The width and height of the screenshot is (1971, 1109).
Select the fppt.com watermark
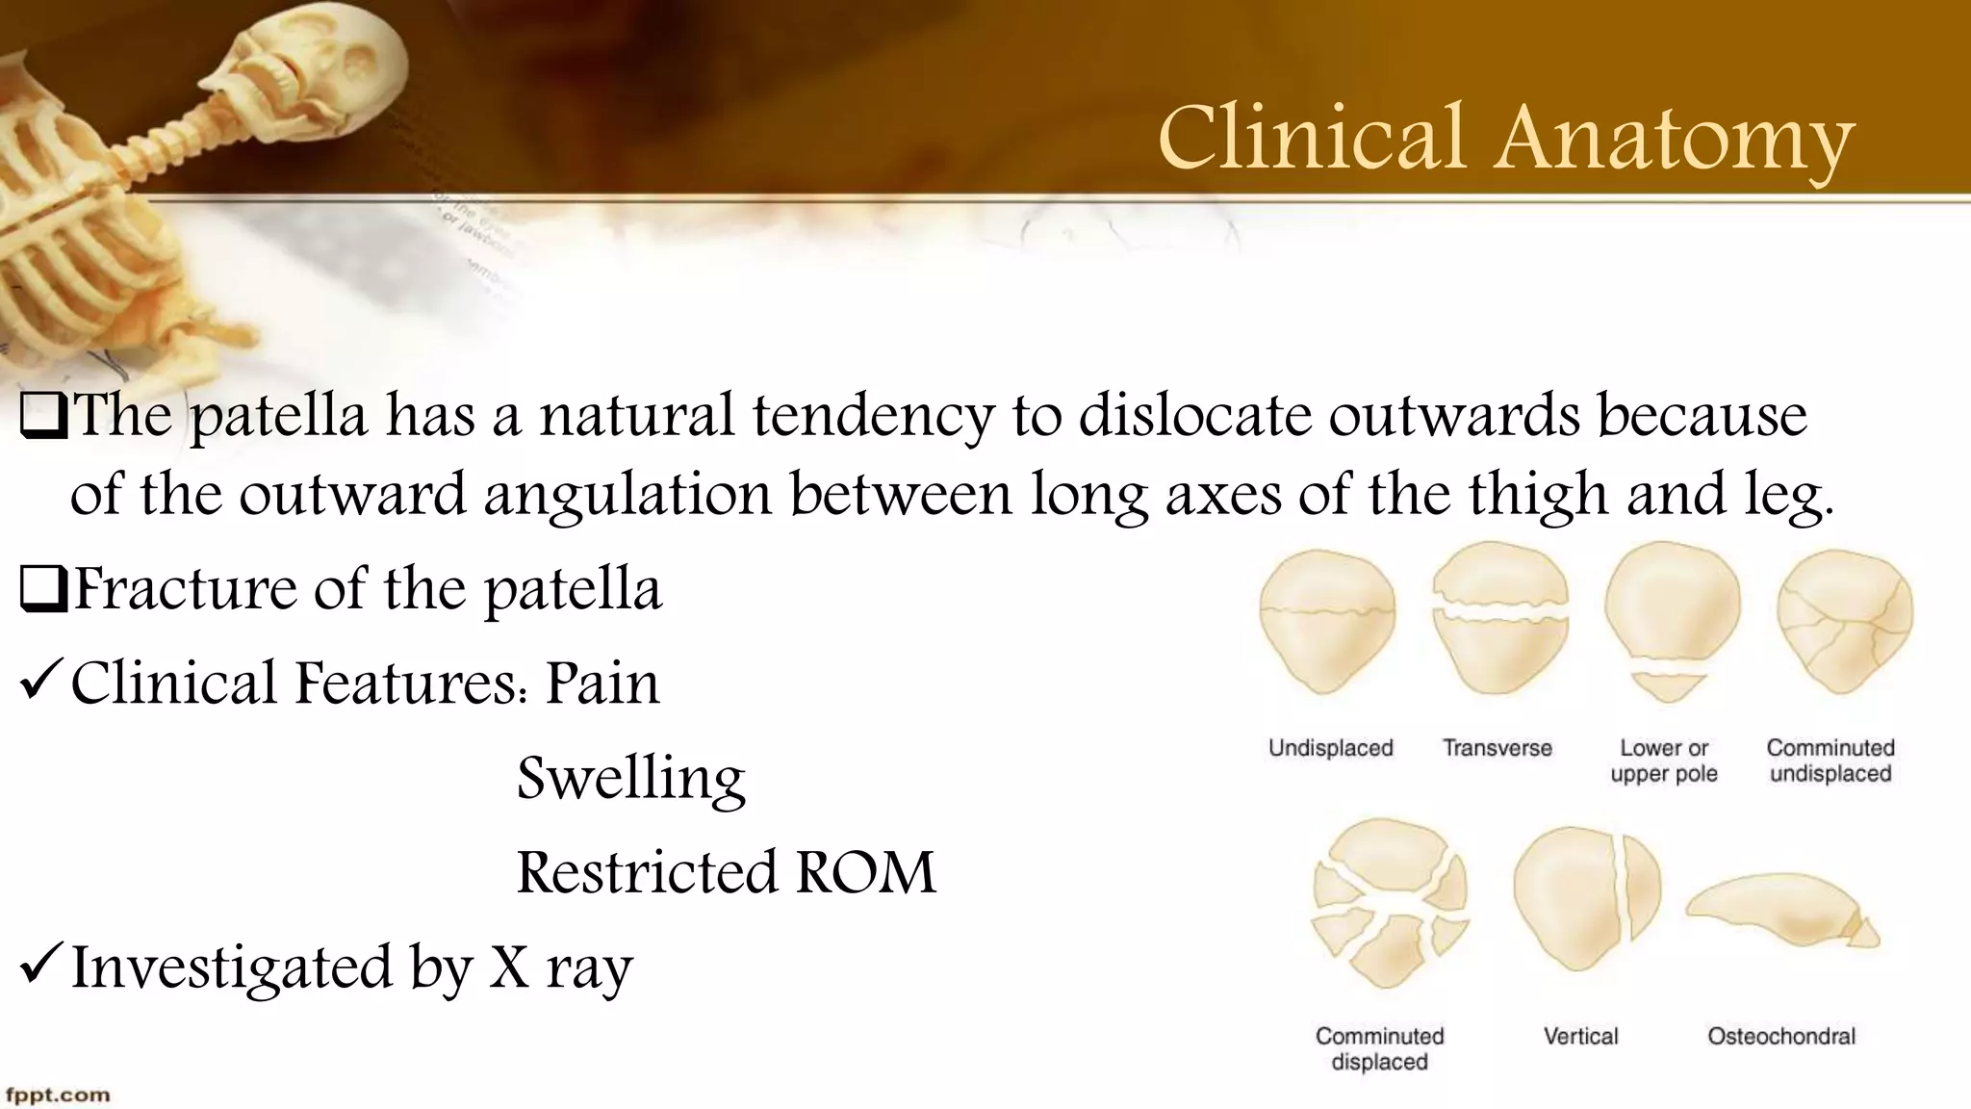click(x=58, y=1095)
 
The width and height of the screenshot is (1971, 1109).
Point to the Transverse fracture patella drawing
click(x=1499, y=618)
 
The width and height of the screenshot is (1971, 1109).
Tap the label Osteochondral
click(x=1780, y=1036)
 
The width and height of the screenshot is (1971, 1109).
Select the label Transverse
click(x=1497, y=748)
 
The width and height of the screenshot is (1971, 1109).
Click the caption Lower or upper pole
click(x=1663, y=761)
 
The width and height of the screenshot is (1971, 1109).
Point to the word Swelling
click(x=631, y=778)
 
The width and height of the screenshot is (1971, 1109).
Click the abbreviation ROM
click(x=865, y=872)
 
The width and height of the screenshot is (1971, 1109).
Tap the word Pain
click(x=602, y=683)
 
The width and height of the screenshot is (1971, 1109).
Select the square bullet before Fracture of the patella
click(x=41, y=590)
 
